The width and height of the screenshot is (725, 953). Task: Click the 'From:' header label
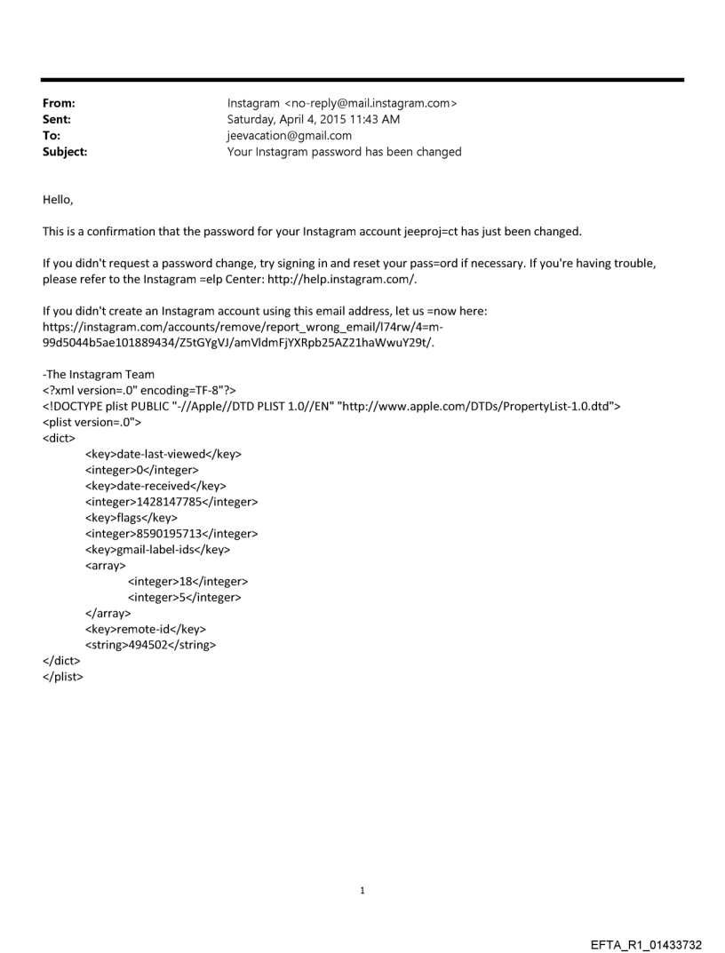tap(59, 104)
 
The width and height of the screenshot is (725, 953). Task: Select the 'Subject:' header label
tap(65, 152)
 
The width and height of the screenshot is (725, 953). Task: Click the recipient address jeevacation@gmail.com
tap(290, 136)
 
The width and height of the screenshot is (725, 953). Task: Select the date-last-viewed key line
tap(163, 454)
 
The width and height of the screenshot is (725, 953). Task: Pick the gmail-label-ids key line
tap(157, 550)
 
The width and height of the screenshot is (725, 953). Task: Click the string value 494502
tap(155, 646)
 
